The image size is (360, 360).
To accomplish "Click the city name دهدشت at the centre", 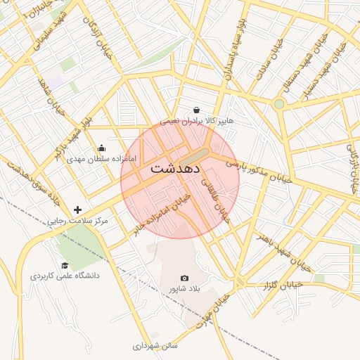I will point(175,169).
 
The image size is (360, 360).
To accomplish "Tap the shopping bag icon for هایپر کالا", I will point(196,110).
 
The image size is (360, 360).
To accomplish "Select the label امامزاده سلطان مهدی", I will point(94,159).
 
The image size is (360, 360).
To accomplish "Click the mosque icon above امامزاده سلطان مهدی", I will point(101,148).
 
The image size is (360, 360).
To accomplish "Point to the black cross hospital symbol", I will point(77,210).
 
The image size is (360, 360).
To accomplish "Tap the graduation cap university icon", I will point(65,265).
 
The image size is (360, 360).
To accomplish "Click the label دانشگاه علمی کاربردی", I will point(65,276).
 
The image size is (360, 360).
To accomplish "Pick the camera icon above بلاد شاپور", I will point(184,278).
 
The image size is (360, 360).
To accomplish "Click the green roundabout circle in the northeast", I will point(279,104).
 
